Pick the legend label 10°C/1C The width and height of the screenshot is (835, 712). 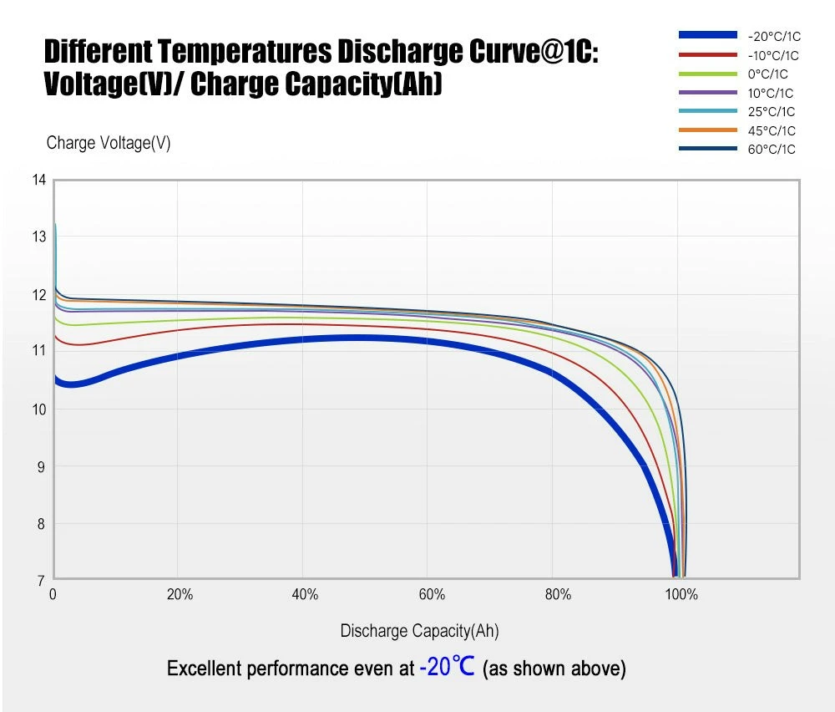771,94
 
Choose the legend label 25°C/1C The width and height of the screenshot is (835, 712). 771,112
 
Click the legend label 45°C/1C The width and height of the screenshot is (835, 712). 771,131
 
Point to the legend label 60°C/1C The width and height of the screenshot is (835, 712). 771,150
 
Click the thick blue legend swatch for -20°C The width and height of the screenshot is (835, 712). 708,35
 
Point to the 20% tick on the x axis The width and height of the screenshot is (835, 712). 180,595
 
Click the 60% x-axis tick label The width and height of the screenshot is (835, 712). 432,595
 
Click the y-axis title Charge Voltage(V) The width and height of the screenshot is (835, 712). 109,143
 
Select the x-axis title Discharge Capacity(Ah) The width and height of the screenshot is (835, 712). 419,631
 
